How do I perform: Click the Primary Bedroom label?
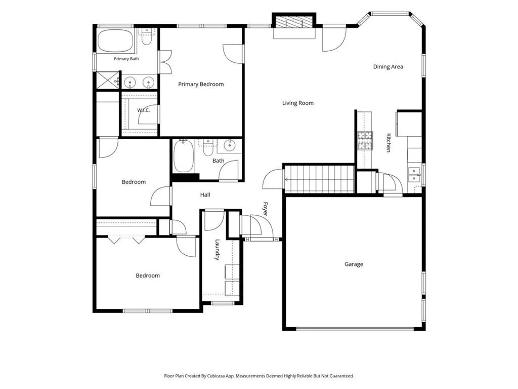[201, 85]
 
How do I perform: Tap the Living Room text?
[297, 103]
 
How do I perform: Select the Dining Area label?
[388, 67]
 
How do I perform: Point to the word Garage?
[354, 264]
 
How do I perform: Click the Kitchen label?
[389, 142]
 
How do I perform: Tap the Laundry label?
[217, 250]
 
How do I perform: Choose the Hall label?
[205, 195]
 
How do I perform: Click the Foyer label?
[265, 209]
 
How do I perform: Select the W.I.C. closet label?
[143, 110]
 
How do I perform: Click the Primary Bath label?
[126, 59]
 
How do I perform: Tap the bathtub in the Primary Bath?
[115, 41]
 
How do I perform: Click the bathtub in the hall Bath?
[184, 156]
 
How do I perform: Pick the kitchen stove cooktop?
[365, 141]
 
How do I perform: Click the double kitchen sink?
[414, 175]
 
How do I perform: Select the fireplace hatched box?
[294, 22]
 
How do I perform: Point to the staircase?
[319, 179]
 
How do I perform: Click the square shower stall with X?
[107, 80]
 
